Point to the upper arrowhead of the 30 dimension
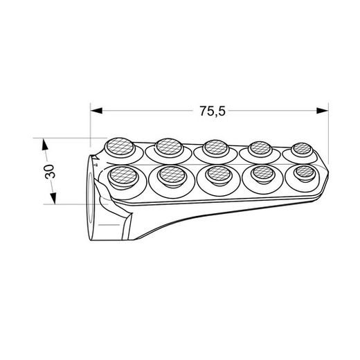click(44, 144)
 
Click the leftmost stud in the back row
click(117, 146)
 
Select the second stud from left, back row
click(168, 145)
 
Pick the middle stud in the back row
click(215, 147)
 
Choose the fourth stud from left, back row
click(260, 147)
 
